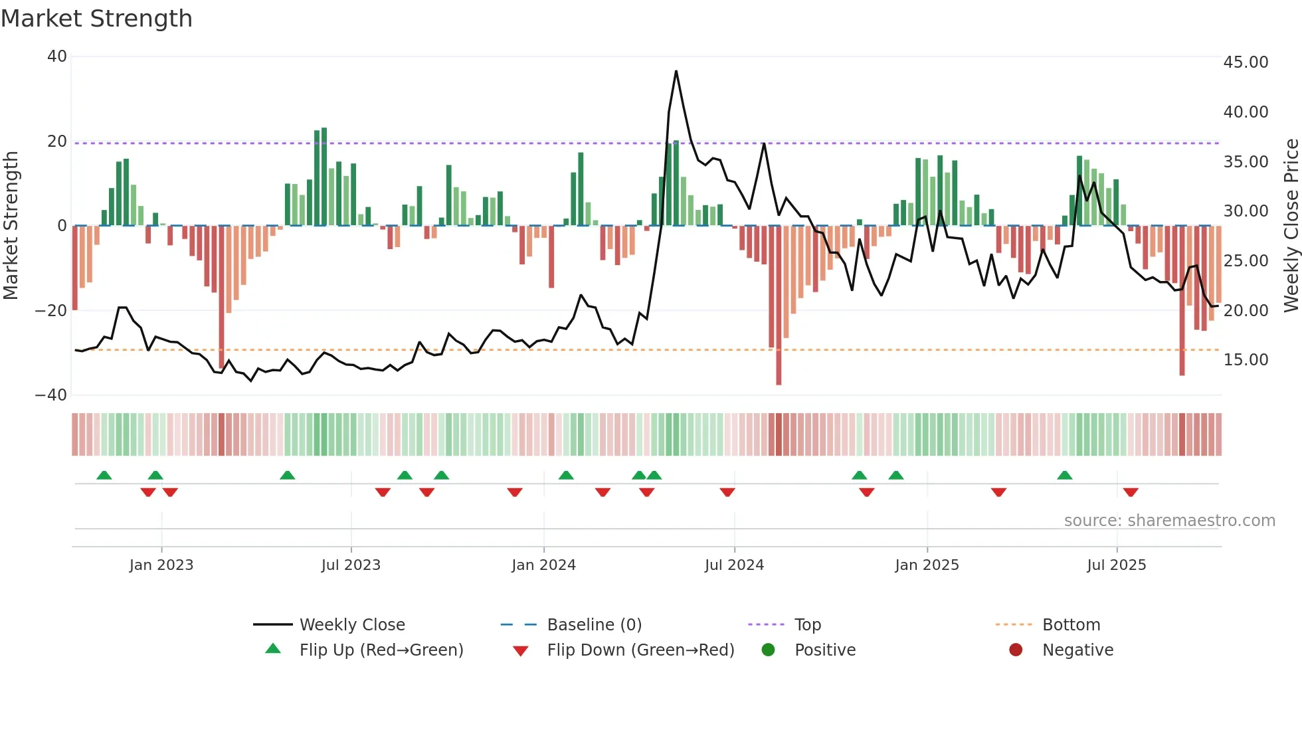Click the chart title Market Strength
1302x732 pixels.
[x=96, y=19]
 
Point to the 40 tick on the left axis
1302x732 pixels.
[x=57, y=56]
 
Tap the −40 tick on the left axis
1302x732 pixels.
[x=51, y=395]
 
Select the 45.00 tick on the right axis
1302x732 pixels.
[x=1246, y=62]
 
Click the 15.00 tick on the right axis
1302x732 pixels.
[x=1246, y=360]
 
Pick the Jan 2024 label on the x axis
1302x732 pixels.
[x=543, y=565]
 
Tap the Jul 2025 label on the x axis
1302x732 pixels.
[x=1116, y=565]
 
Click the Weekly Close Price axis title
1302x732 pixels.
[x=1291, y=226]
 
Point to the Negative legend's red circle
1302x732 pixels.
[x=1016, y=650]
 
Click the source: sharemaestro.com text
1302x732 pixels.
[x=1169, y=521]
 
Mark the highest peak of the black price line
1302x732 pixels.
[x=676, y=72]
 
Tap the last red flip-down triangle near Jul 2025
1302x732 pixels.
[x=1131, y=492]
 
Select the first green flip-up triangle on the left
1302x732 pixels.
[x=104, y=475]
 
